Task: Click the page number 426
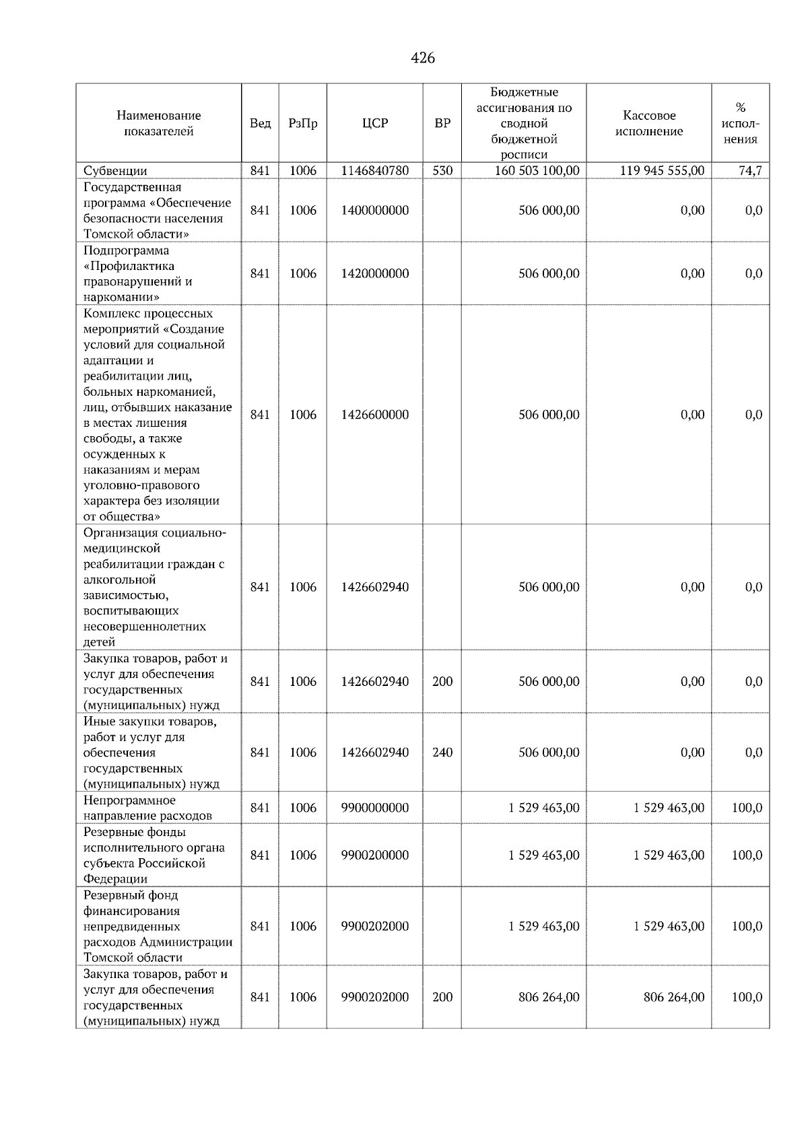coord(422,59)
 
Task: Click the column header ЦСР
coord(374,123)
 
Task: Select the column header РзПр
coord(302,123)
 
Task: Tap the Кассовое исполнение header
coord(648,123)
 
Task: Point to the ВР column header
coord(442,123)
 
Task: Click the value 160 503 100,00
coord(537,171)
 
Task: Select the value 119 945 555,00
coord(662,171)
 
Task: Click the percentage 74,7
coord(749,171)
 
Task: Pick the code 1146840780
coord(374,171)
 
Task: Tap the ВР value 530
coord(442,171)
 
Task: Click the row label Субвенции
coord(115,171)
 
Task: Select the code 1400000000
coord(374,211)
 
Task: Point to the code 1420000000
coord(374,274)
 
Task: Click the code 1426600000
coord(374,415)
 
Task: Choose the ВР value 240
coord(442,753)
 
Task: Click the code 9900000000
coord(374,808)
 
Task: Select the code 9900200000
coord(374,856)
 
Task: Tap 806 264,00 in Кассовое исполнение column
coord(673,998)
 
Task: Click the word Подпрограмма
coord(126,251)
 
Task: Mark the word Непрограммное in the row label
coord(129,800)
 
